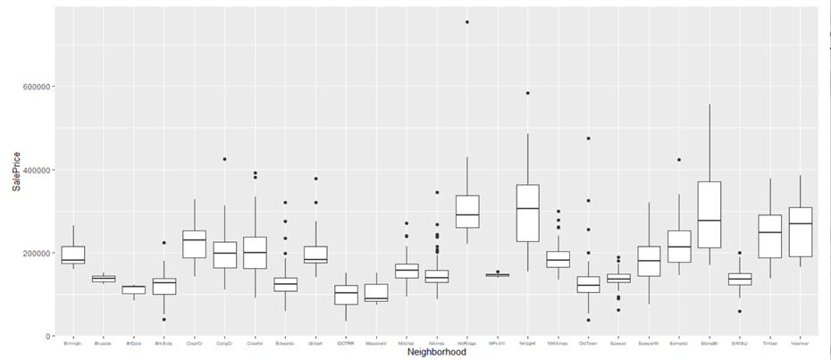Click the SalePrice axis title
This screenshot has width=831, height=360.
[14, 170]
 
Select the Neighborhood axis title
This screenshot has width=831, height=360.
[436, 352]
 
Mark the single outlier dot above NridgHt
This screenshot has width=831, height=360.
[528, 93]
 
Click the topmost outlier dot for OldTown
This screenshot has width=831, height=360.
[588, 138]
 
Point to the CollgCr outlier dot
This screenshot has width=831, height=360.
[225, 159]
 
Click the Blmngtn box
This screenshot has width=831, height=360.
[73, 255]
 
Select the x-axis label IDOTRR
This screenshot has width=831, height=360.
[346, 341]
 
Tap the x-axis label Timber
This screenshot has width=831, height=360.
[770, 341]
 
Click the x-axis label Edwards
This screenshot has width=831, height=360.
[285, 341]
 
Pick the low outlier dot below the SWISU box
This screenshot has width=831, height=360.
[740, 311]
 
